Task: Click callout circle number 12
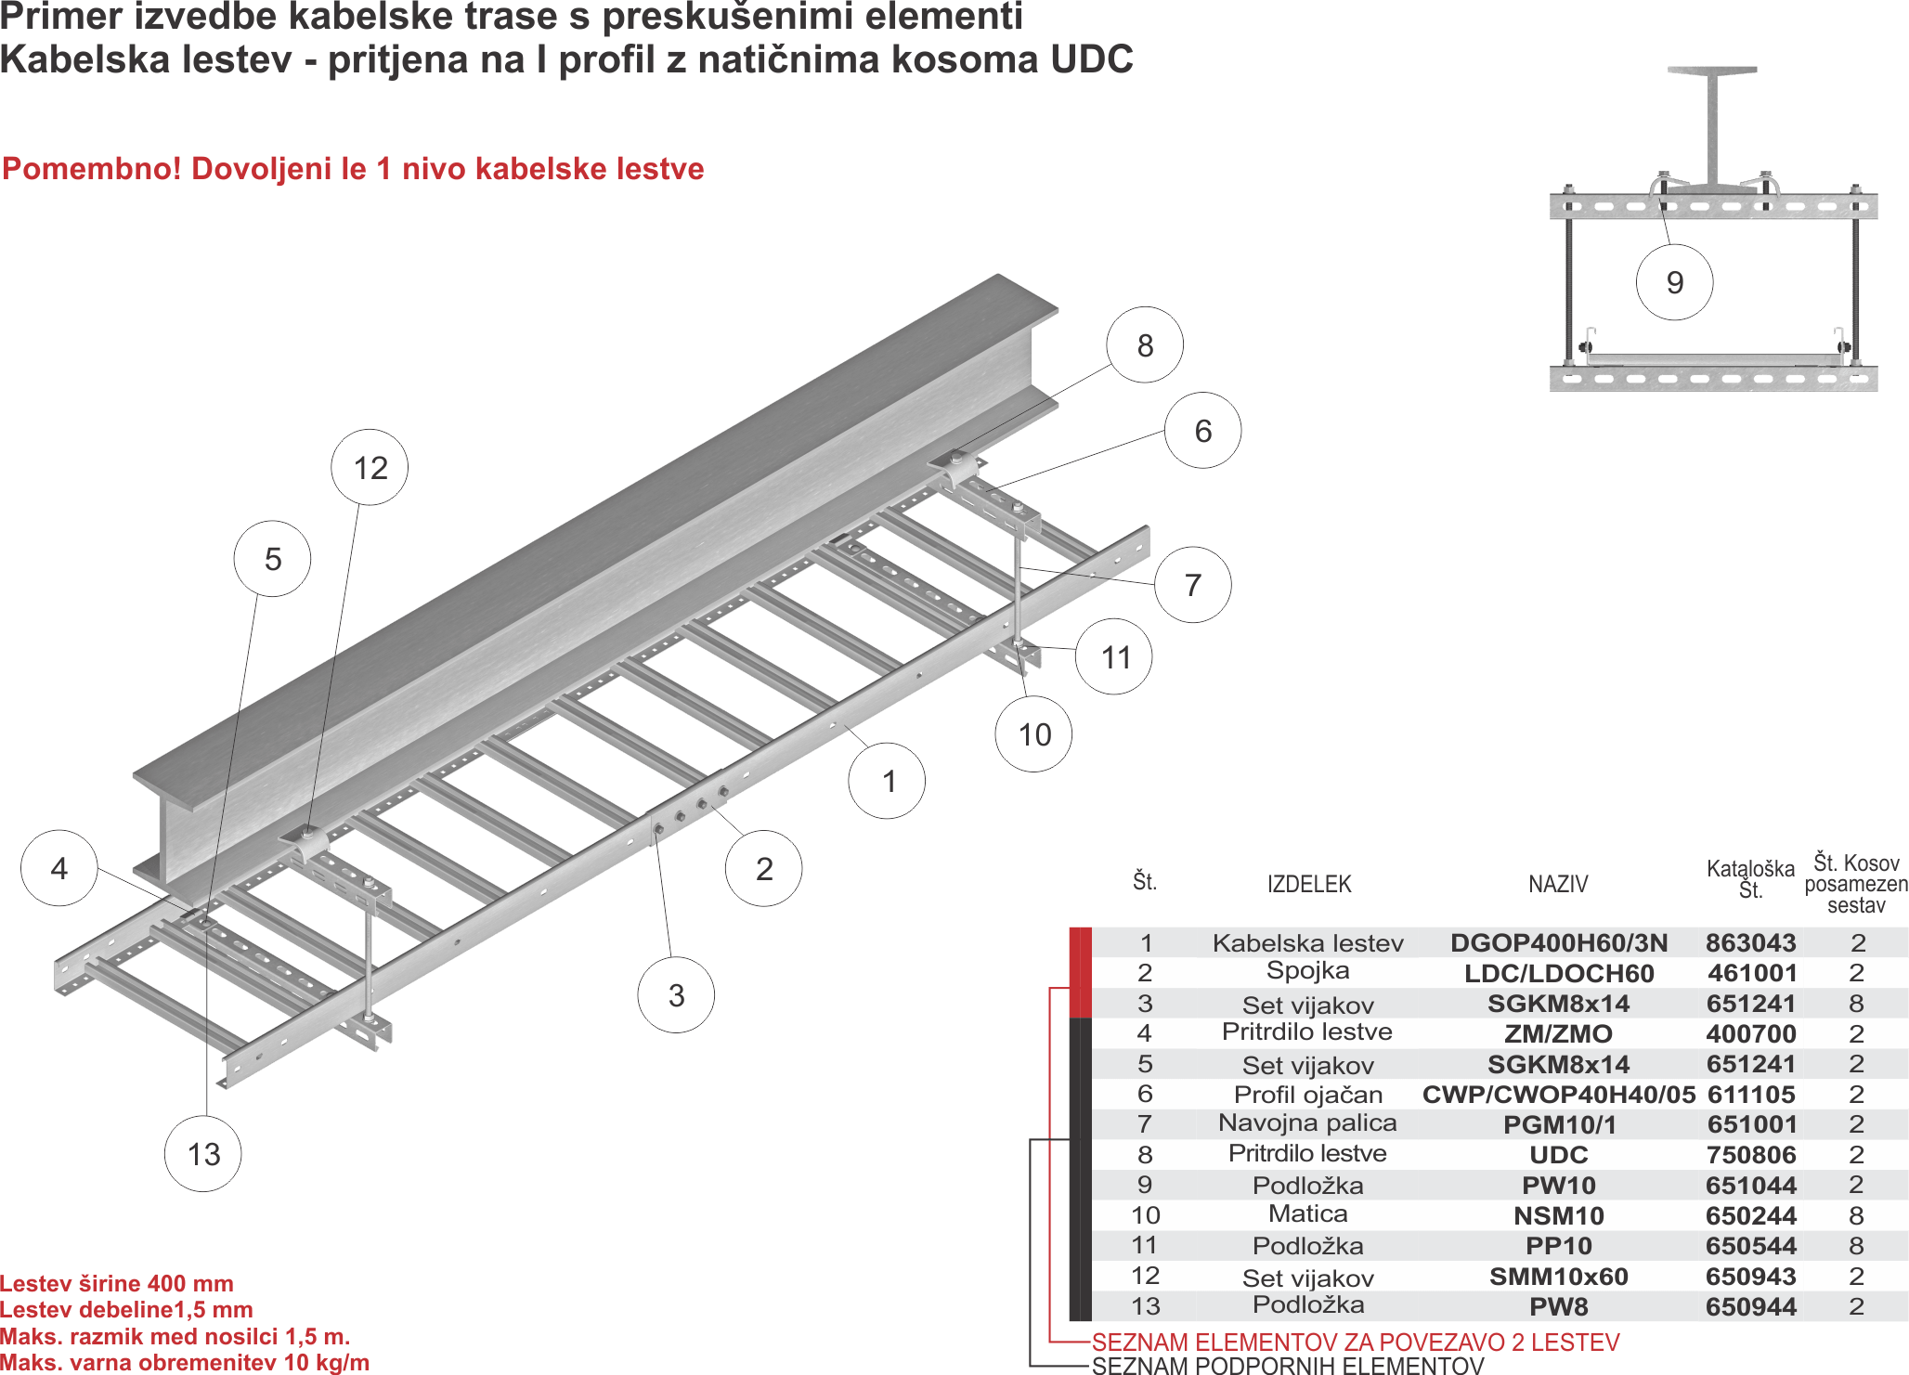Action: (370, 467)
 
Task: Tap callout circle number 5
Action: (272, 559)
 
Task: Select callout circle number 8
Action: (1145, 345)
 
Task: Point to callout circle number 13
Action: (203, 1154)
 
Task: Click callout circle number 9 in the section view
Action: (1674, 282)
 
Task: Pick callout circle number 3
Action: (676, 995)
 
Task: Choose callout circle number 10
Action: (1034, 734)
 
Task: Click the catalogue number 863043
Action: (1750, 943)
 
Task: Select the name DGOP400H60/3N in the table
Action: (1559, 943)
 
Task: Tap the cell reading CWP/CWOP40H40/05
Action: (1559, 1095)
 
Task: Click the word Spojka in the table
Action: (1307, 971)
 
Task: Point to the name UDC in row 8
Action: (1559, 1155)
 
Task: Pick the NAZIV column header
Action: (1558, 884)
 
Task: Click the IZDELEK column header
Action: (1309, 884)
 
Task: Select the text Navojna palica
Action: (1307, 1123)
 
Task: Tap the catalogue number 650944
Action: (1750, 1306)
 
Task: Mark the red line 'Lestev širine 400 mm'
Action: (117, 1284)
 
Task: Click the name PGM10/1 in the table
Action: (1559, 1125)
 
